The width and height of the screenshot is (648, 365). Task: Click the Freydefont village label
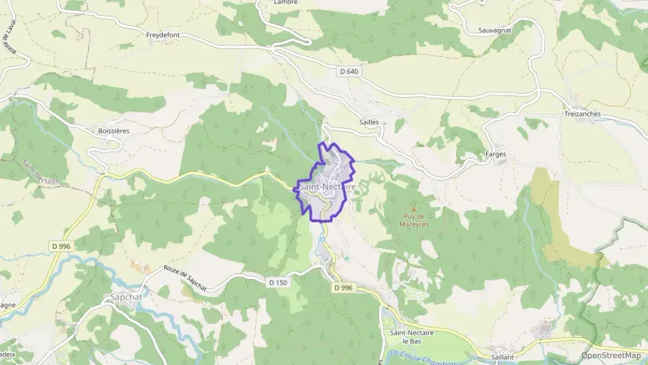click(163, 34)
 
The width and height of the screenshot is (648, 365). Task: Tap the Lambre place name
click(286, 3)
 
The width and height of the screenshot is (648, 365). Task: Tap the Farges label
click(496, 154)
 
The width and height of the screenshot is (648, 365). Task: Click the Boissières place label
click(114, 130)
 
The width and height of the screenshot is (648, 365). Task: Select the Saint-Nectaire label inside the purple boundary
click(327, 187)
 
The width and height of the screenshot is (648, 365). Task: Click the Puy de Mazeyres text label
click(413, 220)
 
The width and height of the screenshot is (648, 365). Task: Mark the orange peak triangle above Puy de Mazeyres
click(414, 207)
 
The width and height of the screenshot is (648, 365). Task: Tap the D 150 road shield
click(277, 282)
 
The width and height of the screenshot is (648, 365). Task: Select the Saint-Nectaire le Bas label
click(412, 337)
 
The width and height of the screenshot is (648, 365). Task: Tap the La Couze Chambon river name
click(422, 356)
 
